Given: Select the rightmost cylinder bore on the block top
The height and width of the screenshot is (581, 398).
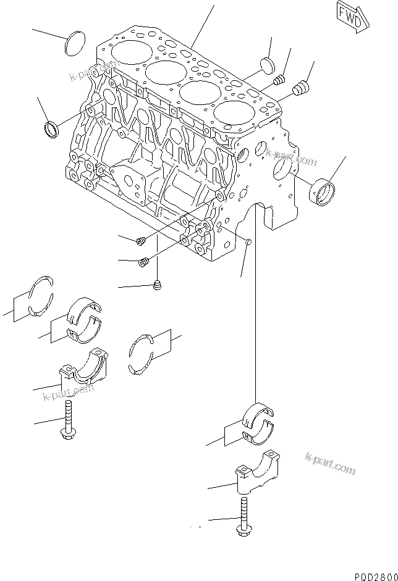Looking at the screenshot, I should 232,113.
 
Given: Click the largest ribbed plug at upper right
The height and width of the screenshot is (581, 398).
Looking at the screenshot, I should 301,89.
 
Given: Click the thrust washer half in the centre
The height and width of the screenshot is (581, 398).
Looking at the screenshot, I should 142,354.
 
